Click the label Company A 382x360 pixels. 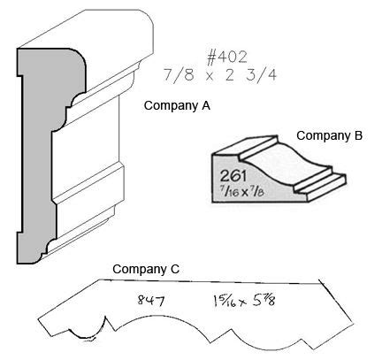point(177,105)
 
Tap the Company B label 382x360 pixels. point(329,135)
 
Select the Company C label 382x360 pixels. point(146,269)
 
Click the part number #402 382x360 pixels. point(226,57)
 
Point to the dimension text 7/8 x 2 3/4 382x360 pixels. point(220,75)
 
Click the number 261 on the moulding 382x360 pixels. point(233,176)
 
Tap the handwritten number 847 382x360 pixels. point(151,301)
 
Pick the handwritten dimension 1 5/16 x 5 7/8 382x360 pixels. point(244,301)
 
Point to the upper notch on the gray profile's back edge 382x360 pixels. point(19,76)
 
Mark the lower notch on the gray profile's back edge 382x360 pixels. point(19,232)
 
